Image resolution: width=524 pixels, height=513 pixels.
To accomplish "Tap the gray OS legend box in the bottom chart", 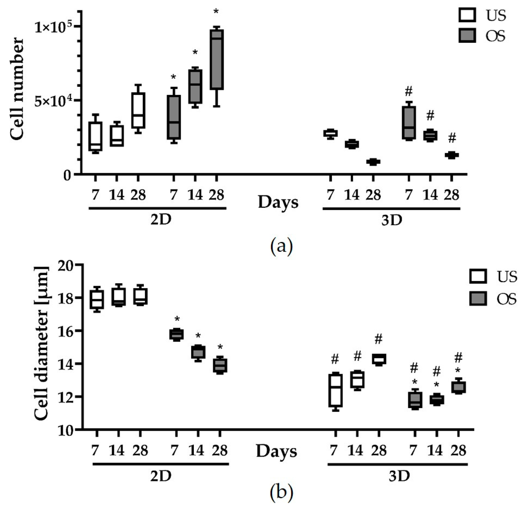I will point(478,299).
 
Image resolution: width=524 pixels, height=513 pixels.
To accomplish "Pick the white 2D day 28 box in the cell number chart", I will point(138,111).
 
